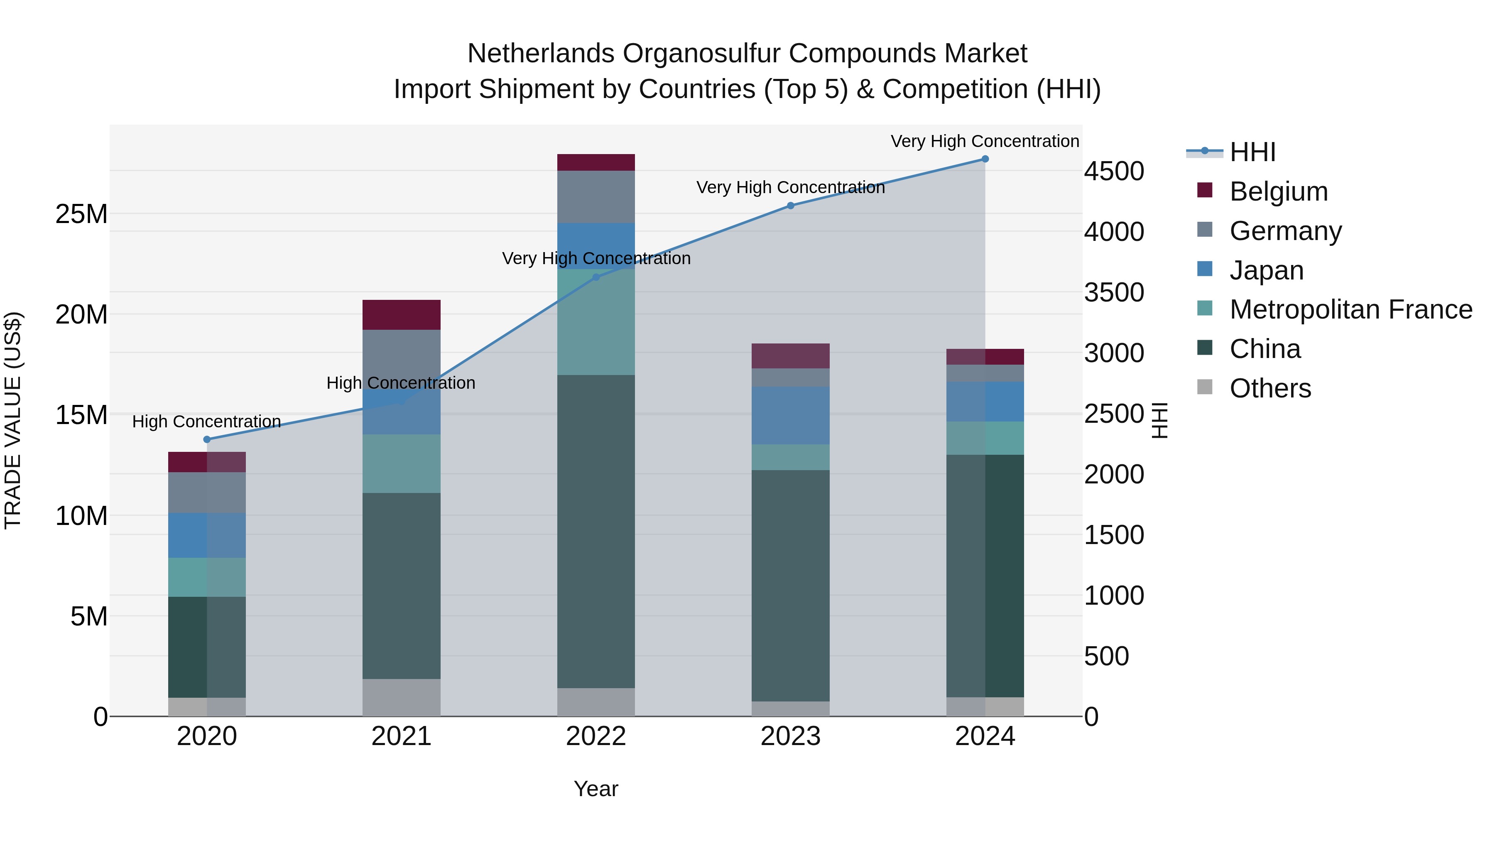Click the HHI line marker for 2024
(985, 159)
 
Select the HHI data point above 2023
(790, 206)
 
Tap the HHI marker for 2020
(207, 439)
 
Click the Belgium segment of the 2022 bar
(596, 162)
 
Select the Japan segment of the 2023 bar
(790, 416)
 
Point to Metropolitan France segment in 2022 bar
(596, 322)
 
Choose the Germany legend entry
(1285, 231)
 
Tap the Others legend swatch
(1205, 387)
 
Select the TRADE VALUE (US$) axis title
(13, 420)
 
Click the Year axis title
(596, 789)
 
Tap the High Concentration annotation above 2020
(207, 422)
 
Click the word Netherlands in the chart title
(540, 54)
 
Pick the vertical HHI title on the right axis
(1159, 420)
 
